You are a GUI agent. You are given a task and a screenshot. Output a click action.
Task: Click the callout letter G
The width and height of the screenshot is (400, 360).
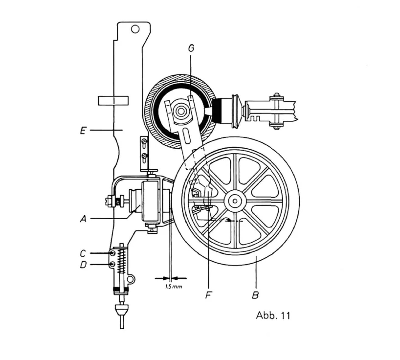pyautogui.click(x=191, y=48)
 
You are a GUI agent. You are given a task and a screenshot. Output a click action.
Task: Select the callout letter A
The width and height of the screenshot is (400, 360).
pyautogui.click(x=83, y=218)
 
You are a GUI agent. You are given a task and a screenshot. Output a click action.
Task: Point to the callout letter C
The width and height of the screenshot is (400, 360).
pyautogui.click(x=83, y=253)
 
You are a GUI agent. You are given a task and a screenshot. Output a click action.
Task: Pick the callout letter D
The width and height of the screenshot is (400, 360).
pyautogui.click(x=83, y=265)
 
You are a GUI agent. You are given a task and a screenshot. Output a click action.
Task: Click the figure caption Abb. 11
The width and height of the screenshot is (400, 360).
pyautogui.click(x=273, y=315)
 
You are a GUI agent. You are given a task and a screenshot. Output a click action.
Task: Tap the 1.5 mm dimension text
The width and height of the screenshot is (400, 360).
pyautogui.click(x=174, y=286)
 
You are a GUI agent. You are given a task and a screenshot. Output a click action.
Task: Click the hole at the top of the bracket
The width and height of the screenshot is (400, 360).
pyautogui.click(x=135, y=29)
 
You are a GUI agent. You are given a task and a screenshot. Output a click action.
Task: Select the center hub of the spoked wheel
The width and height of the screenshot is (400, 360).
pyautogui.click(x=235, y=200)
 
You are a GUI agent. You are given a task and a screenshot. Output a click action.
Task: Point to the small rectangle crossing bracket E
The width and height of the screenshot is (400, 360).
pyautogui.click(x=113, y=100)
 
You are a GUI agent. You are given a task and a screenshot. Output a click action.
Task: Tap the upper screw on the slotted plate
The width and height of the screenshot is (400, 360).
pyautogui.click(x=144, y=141)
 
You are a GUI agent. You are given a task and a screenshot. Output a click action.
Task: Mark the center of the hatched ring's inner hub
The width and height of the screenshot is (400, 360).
pyautogui.click(x=181, y=111)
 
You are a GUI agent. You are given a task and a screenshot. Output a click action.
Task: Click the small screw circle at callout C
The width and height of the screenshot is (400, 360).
pyautogui.click(x=113, y=253)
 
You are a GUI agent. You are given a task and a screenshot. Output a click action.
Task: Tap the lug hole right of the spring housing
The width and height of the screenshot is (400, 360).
pyautogui.click(x=130, y=279)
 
